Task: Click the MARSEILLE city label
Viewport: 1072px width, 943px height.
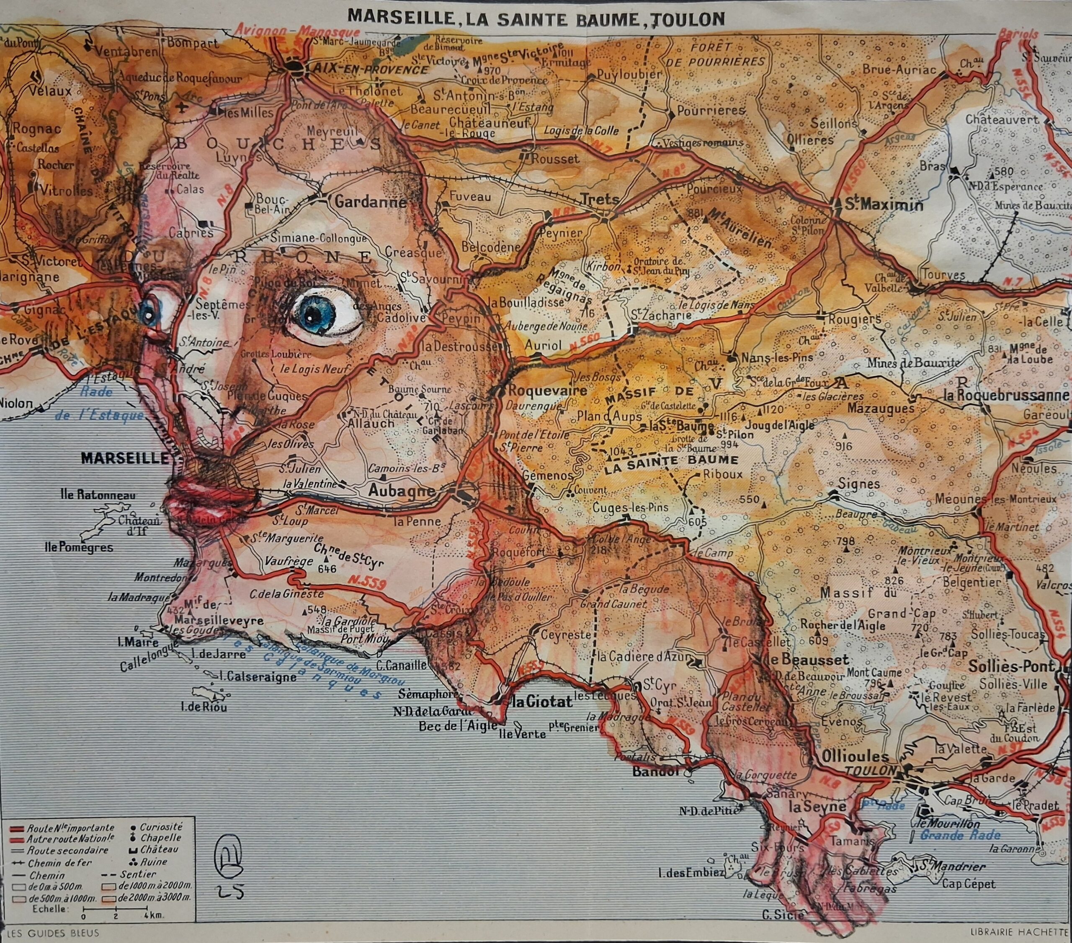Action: [125, 459]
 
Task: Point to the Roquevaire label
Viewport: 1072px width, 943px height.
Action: [540, 391]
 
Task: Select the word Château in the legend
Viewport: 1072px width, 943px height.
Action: [160, 849]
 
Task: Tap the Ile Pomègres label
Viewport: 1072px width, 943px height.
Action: [79, 548]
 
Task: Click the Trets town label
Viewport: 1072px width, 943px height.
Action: [600, 199]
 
